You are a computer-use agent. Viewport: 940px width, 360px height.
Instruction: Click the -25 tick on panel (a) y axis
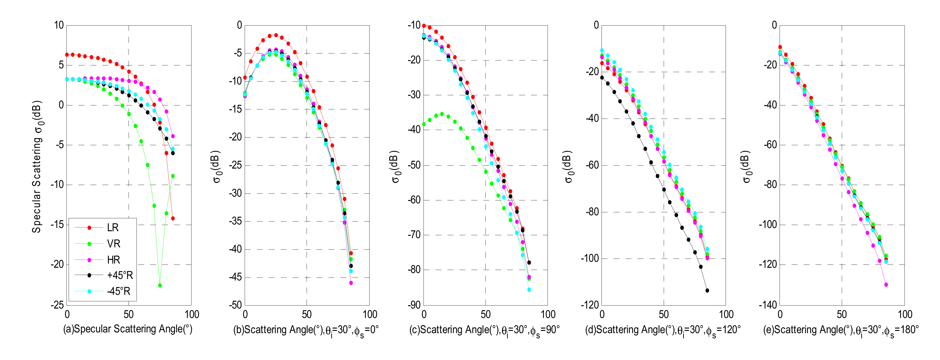(57, 305)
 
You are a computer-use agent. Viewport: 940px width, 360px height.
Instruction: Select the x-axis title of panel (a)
(128, 329)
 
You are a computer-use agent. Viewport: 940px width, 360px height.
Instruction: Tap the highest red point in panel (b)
(276, 35)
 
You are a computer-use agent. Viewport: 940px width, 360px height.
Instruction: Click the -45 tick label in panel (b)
(235, 277)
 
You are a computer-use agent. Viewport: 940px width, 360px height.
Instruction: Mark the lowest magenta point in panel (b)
(351, 283)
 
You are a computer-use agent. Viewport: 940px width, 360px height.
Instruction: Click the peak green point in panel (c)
(442, 114)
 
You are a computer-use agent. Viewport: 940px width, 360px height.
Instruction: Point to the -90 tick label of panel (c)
(414, 305)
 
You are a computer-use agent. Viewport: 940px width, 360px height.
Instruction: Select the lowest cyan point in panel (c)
(529, 290)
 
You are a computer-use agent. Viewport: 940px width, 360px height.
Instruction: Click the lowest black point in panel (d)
(707, 290)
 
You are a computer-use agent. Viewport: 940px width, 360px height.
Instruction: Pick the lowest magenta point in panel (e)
(886, 284)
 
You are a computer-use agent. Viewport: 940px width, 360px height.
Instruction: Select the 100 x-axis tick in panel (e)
(905, 315)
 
